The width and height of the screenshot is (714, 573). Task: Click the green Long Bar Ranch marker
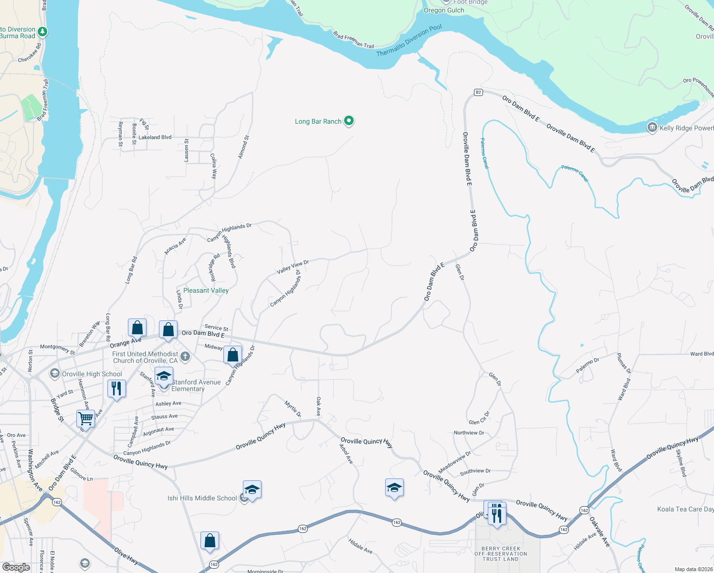349,121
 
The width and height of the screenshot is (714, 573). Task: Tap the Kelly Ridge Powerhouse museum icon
652,127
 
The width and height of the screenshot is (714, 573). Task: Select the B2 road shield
478,92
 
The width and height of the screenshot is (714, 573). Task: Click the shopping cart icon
85,418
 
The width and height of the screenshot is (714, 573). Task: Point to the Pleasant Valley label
206,290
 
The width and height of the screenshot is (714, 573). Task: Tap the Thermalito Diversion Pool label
409,41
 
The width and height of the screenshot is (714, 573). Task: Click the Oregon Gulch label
444,10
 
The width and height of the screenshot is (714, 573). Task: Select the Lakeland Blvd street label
155,137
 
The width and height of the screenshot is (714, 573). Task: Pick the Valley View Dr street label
293,267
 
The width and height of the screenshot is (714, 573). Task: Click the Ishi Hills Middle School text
202,498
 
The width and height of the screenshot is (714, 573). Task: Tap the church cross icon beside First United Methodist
185,357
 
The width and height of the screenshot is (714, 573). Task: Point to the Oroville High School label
92,374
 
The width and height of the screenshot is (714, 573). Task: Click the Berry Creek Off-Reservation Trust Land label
501,554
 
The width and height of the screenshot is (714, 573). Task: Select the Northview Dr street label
469,433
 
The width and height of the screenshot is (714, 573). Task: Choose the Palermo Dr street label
587,366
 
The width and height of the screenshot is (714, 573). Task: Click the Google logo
16,567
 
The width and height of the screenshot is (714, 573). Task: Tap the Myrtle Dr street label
293,409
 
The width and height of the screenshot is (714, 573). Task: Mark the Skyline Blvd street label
681,463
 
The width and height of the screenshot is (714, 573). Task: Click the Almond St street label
243,147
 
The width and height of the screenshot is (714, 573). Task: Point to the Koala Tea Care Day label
685,509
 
